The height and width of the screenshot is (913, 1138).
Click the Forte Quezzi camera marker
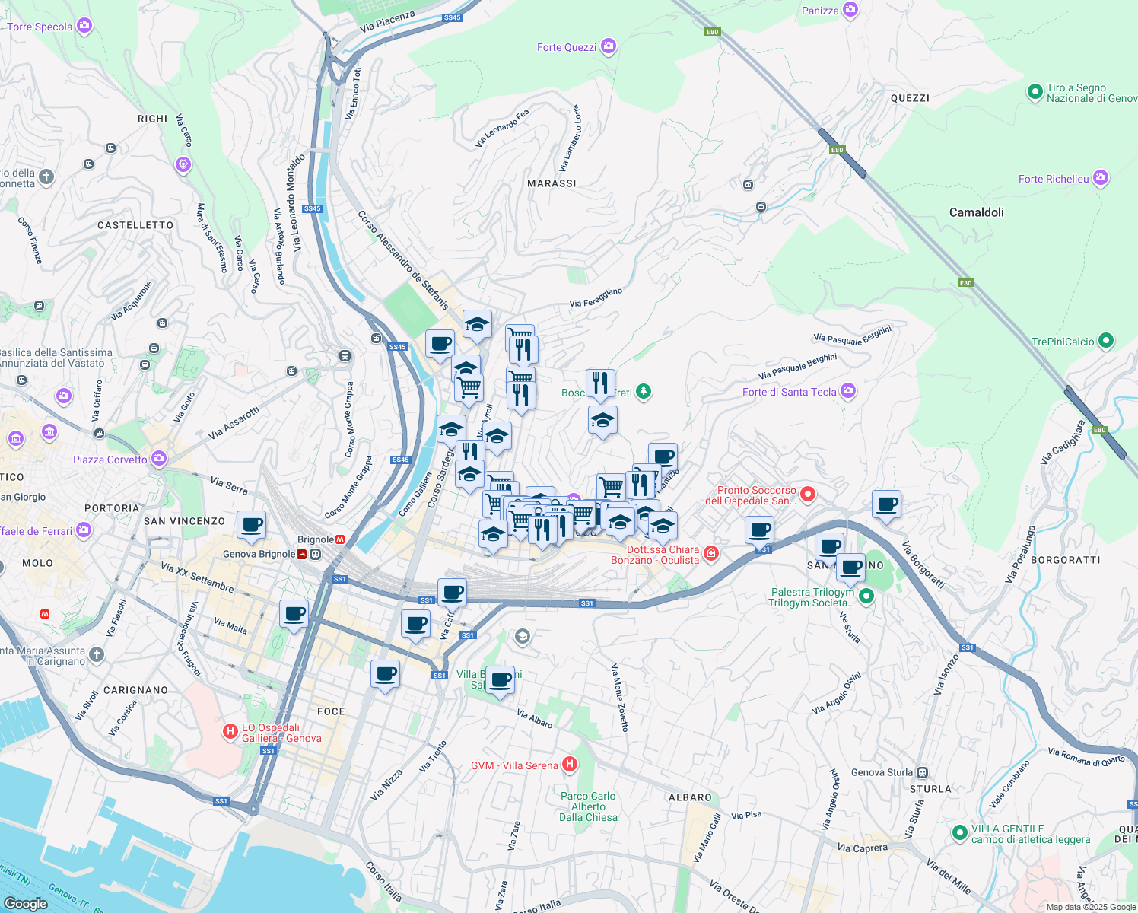(x=608, y=47)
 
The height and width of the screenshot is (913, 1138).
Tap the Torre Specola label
(x=40, y=27)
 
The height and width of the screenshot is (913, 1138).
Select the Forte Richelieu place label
(x=1054, y=179)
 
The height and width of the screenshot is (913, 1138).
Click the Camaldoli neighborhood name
(x=976, y=212)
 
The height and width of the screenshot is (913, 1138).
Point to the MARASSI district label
(x=552, y=183)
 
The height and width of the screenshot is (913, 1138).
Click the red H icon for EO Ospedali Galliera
(x=230, y=732)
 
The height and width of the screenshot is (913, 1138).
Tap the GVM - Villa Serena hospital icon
(x=570, y=765)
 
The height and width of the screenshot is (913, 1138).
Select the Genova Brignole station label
(x=259, y=554)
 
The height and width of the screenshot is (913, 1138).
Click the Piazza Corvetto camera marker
(x=158, y=459)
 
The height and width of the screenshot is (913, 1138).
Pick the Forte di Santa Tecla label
(x=789, y=392)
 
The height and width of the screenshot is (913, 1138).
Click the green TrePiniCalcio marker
(x=1106, y=342)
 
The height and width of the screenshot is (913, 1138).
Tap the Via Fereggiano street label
(x=596, y=297)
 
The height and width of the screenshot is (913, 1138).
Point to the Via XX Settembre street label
(x=197, y=577)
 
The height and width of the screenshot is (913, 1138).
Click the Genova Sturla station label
(x=882, y=772)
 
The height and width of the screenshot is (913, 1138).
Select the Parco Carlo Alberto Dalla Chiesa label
(x=588, y=806)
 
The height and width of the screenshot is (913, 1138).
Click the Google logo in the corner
(x=25, y=903)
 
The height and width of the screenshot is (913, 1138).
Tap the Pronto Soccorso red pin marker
(x=808, y=495)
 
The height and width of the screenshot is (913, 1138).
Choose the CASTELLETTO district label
(x=135, y=225)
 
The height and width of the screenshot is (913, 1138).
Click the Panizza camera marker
(x=850, y=11)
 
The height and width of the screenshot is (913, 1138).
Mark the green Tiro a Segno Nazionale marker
(x=1035, y=92)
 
